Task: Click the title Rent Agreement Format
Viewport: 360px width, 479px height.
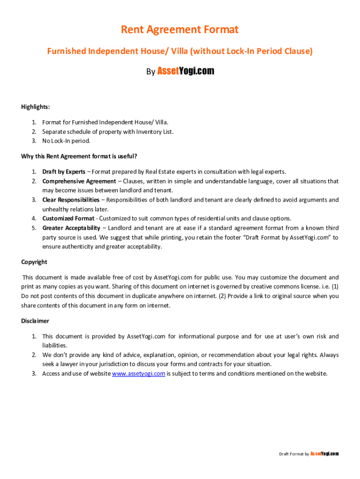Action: click(180, 30)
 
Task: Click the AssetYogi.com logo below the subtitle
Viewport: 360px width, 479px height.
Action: click(186, 71)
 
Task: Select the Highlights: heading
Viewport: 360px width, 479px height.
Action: click(36, 107)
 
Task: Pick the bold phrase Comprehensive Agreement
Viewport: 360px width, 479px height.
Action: click(79, 181)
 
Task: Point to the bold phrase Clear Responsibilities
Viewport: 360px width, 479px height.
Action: click(71, 200)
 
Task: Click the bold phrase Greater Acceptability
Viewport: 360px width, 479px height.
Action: click(71, 228)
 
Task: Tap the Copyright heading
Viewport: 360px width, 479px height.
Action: click(34, 262)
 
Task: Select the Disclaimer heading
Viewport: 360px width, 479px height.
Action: click(35, 321)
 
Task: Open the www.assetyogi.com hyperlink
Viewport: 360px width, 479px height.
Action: click(139, 373)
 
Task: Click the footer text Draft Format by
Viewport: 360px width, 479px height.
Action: click(294, 454)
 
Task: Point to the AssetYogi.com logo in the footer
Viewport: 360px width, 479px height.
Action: click(324, 454)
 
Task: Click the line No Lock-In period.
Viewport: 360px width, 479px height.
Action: click(66, 141)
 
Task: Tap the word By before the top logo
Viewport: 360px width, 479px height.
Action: click(151, 72)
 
